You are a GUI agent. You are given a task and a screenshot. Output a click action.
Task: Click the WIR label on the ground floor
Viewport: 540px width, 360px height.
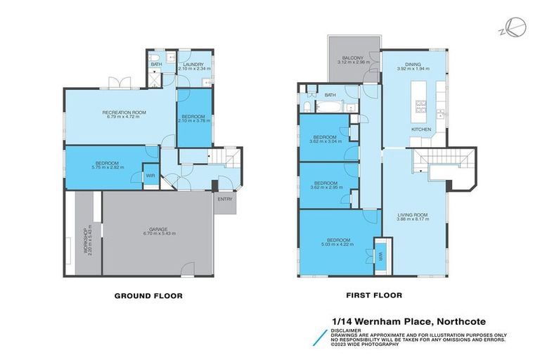[x=150, y=176]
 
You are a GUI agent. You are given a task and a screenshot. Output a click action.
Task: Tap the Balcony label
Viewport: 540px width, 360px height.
[x=354, y=58]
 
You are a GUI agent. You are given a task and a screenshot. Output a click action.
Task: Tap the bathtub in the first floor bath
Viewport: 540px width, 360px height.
[x=329, y=108]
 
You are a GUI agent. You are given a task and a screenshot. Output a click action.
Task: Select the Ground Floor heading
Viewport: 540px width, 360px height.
[x=148, y=296]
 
